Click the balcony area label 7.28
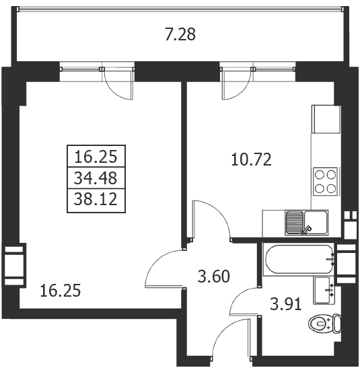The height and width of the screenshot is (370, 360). coord(180,35)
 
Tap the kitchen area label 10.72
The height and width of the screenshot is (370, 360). coord(251,159)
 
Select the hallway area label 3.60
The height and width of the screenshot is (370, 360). coord(213,276)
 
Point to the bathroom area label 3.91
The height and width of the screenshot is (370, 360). coord(286,304)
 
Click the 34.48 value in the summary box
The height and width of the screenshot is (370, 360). coord(96,178)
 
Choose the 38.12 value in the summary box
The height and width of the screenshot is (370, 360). coord(96,198)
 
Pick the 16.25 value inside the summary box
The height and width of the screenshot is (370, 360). coord(96,157)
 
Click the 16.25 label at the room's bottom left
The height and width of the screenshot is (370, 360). coord(61,291)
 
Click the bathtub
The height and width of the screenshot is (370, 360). coord(298,259)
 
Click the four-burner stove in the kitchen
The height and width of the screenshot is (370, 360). coord(325,182)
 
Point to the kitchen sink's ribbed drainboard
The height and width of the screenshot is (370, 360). coord(294,222)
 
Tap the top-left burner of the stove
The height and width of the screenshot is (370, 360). coord(320,175)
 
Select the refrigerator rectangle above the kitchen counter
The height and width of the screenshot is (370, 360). coord(326,119)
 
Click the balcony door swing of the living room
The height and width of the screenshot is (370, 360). coord(118,89)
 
